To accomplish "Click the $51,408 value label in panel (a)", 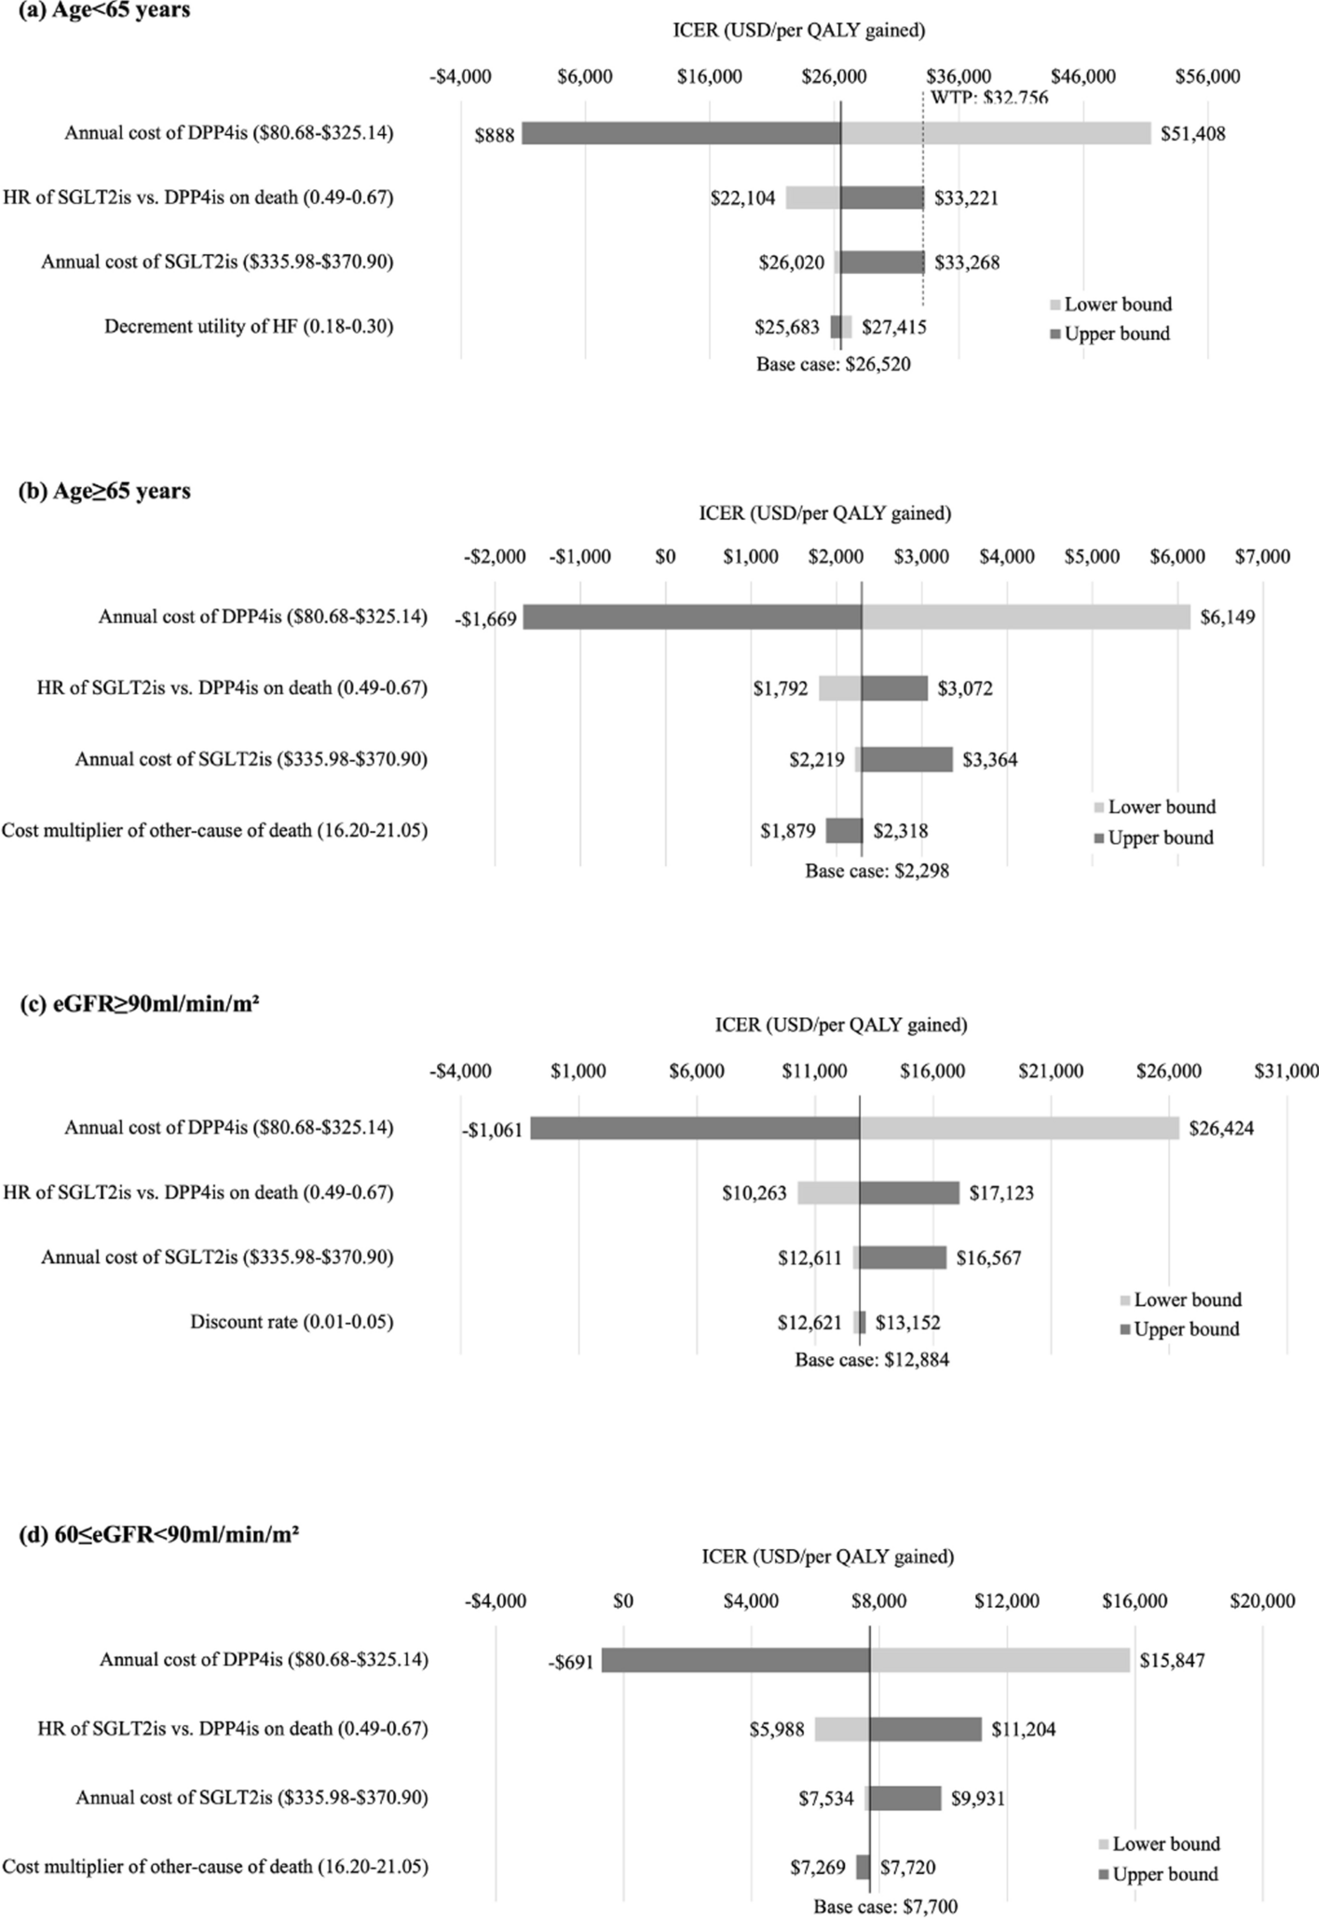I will click(1192, 134).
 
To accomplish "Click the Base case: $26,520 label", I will click(833, 364).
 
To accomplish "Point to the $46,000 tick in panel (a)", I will click(1083, 76).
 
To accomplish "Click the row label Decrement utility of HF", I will click(249, 326).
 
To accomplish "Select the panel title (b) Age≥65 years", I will click(104, 491).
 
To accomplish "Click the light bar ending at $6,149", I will click(1025, 617).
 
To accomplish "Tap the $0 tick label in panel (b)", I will click(665, 557).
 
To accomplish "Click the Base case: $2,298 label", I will click(877, 872).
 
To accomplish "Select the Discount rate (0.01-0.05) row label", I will click(292, 1321).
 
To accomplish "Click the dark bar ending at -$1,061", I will click(694, 1128).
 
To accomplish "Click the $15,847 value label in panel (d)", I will click(1172, 1660).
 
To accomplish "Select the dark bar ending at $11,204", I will click(925, 1729).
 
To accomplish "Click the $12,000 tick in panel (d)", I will click(1007, 1600).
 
